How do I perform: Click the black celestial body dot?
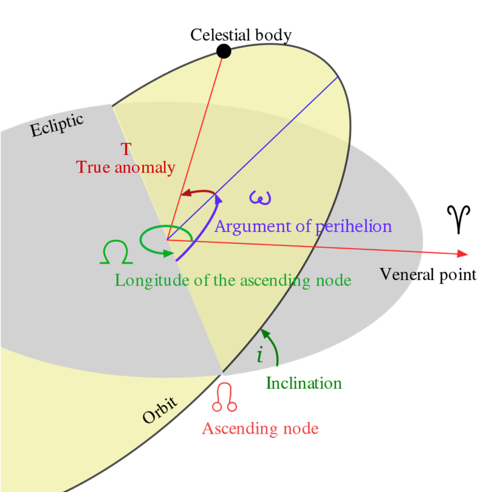[224, 51]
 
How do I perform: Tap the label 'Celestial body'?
[241, 35]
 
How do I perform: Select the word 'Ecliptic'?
[57, 125]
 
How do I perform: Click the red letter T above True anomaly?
[126, 149]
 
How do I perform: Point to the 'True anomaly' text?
[126, 167]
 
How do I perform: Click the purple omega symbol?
[260, 197]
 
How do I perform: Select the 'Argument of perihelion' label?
[303, 227]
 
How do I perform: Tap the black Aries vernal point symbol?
[459, 220]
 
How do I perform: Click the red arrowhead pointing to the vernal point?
[462, 253]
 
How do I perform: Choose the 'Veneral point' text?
[428, 275]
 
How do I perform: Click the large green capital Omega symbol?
[116, 252]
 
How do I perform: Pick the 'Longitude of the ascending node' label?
[233, 281]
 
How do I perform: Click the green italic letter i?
[260, 355]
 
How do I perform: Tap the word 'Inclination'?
[304, 383]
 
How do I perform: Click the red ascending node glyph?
[225, 397]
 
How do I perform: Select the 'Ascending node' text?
[261, 429]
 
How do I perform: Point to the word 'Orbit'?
[160, 410]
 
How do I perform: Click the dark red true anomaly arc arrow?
[197, 191]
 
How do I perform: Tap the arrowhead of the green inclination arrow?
[265, 333]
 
